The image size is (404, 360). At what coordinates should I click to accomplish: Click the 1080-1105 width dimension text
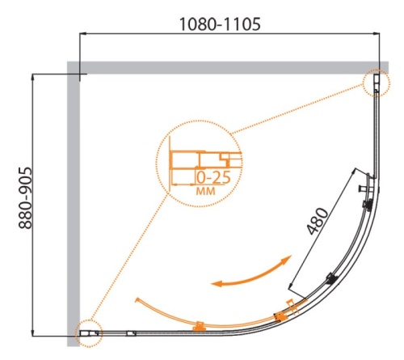[x=218, y=24]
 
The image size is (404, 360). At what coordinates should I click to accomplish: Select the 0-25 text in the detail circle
[x=211, y=176]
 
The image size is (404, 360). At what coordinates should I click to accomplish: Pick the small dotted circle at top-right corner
[x=376, y=83]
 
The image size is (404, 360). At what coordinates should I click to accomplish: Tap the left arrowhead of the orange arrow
[x=217, y=282]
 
